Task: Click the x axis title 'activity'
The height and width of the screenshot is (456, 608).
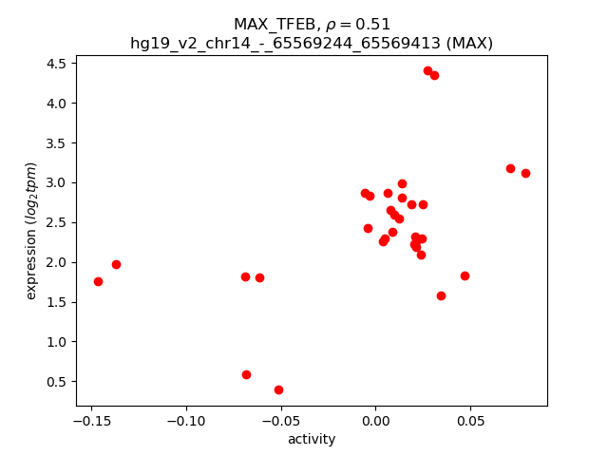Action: click(x=312, y=439)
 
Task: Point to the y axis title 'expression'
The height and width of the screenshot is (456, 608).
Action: click(x=31, y=231)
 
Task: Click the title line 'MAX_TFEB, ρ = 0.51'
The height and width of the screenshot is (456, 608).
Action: click(x=312, y=25)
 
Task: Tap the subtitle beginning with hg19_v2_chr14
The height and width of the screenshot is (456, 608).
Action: click(x=312, y=43)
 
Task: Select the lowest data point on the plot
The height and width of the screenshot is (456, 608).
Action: click(x=278, y=389)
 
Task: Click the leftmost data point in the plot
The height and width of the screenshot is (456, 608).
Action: click(x=98, y=281)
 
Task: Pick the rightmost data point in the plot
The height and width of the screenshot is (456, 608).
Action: click(x=525, y=173)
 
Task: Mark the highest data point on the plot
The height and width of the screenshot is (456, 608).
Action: click(x=427, y=70)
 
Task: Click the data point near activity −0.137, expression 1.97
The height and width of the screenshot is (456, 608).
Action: click(x=116, y=264)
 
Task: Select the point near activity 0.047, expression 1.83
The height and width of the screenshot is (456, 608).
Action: click(x=465, y=275)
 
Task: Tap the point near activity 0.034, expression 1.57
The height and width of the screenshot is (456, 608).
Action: click(x=441, y=295)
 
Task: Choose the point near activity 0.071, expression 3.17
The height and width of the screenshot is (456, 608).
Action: click(x=510, y=168)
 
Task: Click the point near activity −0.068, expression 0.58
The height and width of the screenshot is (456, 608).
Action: click(x=246, y=374)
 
